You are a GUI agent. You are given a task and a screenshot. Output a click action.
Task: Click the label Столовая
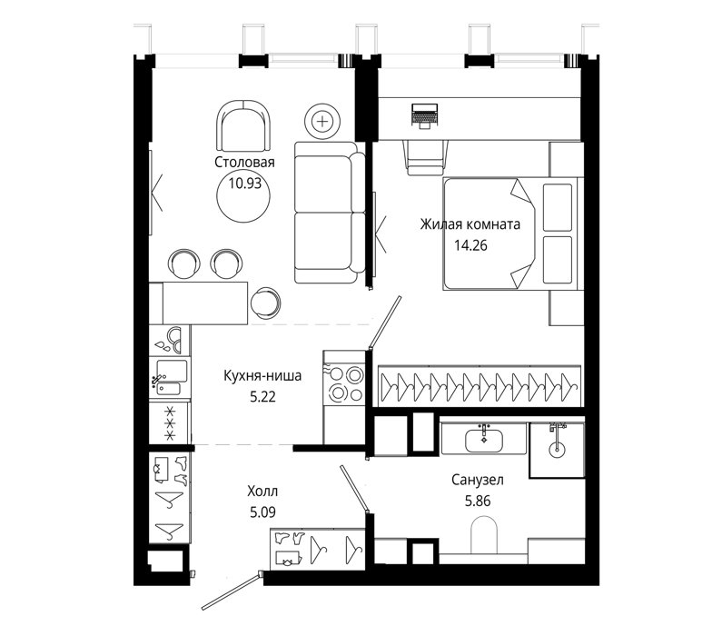pyautogui.click(x=244, y=162)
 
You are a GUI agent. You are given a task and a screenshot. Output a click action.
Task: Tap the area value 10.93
pyautogui.click(x=244, y=184)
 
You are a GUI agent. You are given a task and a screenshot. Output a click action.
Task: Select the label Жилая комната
pyautogui.click(x=470, y=224)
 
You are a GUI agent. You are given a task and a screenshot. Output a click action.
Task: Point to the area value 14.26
pyautogui.click(x=470, y=245)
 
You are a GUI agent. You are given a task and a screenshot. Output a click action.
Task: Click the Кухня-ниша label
pyautogui.click(x=262, y=376)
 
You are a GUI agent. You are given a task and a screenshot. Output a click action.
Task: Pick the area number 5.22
pyautogui.click(x=262, y=396)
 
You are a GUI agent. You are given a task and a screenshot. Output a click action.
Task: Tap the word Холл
pyautogui.click(x=262, y=492)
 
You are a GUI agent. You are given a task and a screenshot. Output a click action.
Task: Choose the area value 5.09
pyautogui.click(x=262, y=512)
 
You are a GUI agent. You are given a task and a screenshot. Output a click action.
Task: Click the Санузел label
pyautogui.click(x=478, y=480)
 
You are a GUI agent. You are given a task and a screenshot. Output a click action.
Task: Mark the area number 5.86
pyautogui.click(x=478, y=501)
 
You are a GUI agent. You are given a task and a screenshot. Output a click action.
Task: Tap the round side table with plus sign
pyautogui.click(x=322, y=121)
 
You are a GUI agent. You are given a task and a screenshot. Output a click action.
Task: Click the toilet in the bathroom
pyautogui.click(x=484, y=534)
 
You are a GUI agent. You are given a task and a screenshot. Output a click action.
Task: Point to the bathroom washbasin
pyautogui.click(x=484, y=439)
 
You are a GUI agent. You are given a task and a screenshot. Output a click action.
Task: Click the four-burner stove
pyautogui.click(x=344, y=383)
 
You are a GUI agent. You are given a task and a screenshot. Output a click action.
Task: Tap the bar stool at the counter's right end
pyautogui.click(x=266, y=303)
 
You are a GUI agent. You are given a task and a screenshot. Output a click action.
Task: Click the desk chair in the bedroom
pyautogui.click(x=425, y=157)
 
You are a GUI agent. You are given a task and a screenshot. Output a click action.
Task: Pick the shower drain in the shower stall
pyautogui.click(x=557, y=448)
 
